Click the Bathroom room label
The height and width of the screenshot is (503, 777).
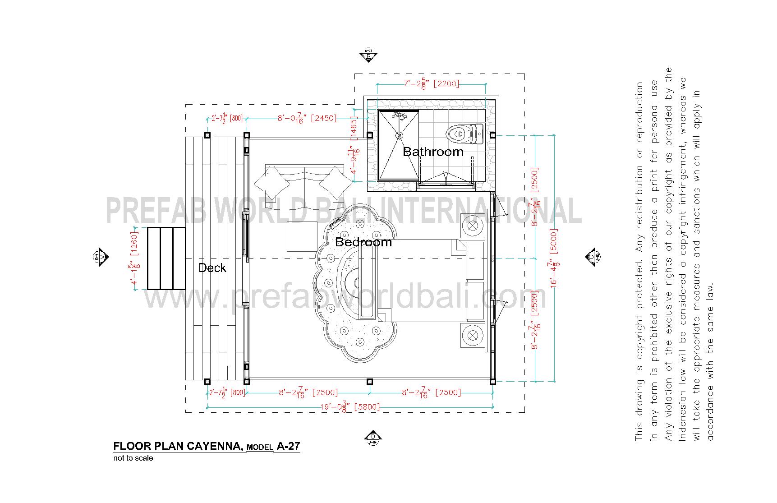click(433, 152)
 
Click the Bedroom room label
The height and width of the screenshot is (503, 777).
click(363, 242)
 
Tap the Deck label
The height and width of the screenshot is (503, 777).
click(212, 268)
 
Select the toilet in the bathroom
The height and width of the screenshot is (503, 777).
click(464, 133)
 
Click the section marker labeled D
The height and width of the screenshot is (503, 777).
click(373, 437)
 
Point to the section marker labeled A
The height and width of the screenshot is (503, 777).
click(102, 257)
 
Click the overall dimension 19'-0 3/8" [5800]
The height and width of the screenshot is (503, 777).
click(350, 407)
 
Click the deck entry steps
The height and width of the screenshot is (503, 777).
click(167, 258)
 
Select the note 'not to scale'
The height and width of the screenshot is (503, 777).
click(133, 458)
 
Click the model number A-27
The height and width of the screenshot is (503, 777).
click(288, 447)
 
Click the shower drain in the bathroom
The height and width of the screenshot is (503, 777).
click(399, 134)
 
